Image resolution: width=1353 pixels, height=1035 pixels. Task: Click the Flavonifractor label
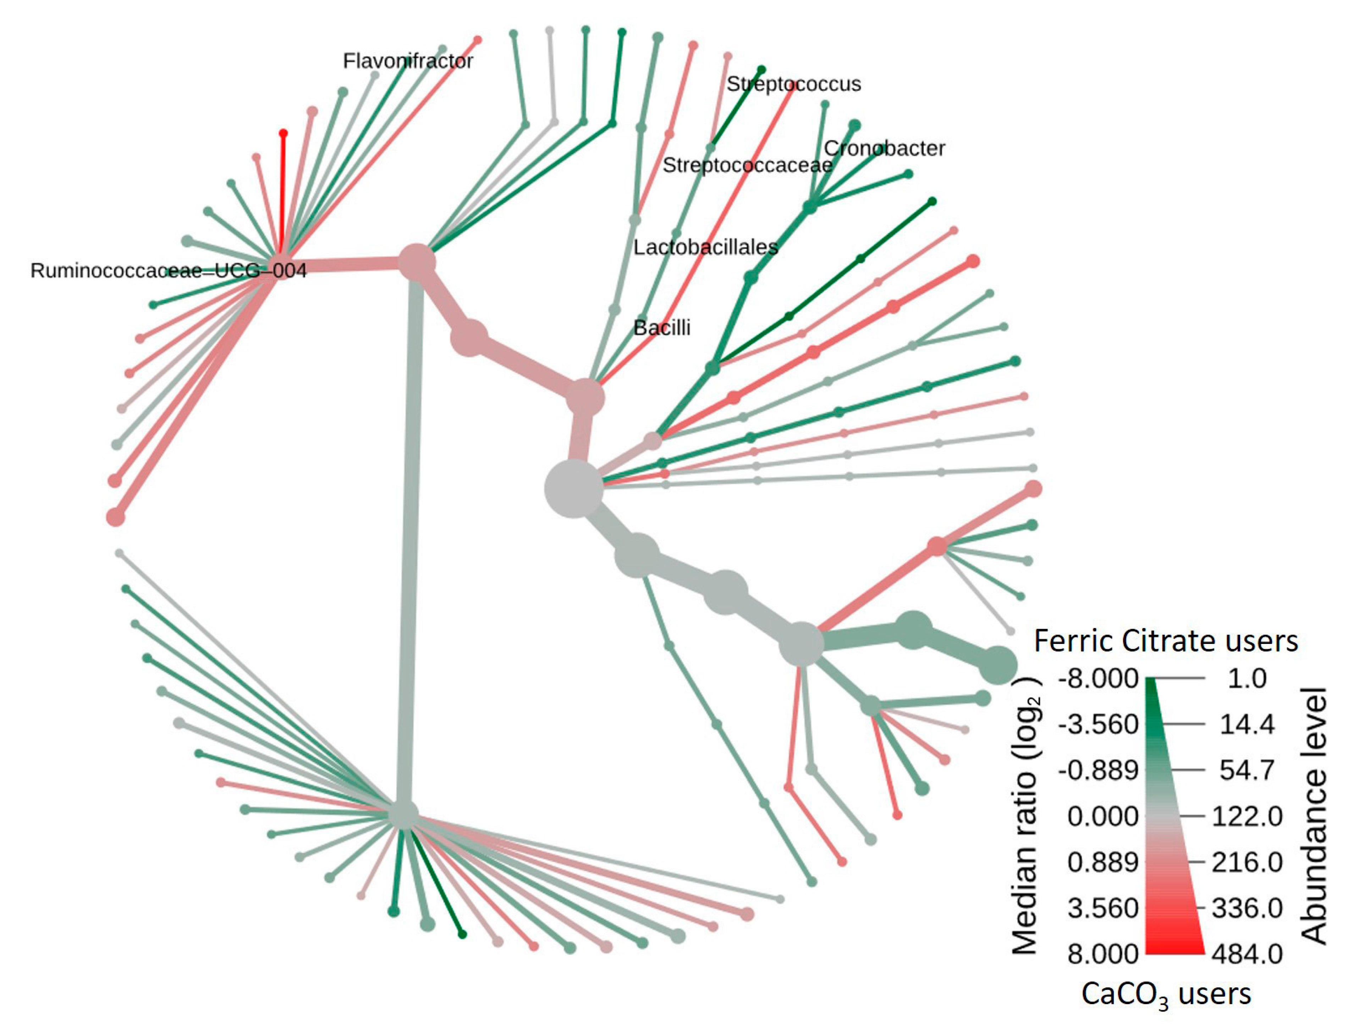coord(407,61)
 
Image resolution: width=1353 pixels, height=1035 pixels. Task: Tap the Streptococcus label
coord(793,84)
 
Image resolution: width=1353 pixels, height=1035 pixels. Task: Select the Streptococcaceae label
coord(747,165)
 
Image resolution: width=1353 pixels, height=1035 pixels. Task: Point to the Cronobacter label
coord(884,149)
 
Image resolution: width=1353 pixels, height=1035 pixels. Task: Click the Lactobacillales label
coord(705,247)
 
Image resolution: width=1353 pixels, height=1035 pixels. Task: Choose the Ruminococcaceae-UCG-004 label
coord(168,271)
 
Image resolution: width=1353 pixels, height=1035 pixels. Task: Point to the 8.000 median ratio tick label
coord(1102,954)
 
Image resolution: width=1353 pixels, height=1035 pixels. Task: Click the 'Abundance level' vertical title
coord(1314,816)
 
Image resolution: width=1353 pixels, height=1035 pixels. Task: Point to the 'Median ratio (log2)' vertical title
coord(1025,816)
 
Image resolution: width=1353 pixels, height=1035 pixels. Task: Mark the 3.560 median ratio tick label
coord(1102,908)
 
